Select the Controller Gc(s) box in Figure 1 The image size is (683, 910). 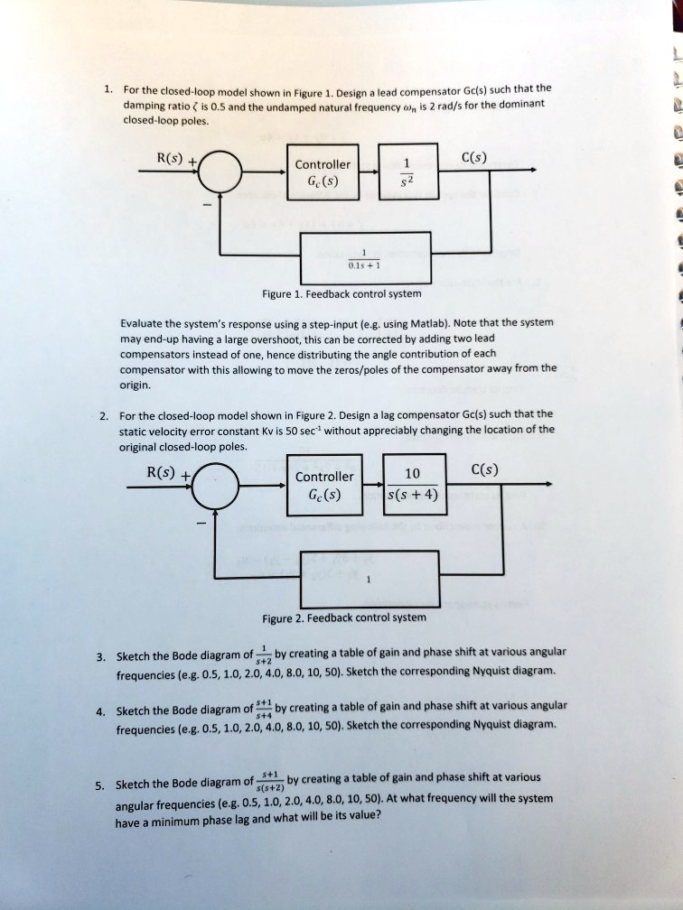coord(323,172)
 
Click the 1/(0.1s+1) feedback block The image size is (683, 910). coord(365,260)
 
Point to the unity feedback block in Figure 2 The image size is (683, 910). coord(369,579)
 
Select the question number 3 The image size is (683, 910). coord(108,656)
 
